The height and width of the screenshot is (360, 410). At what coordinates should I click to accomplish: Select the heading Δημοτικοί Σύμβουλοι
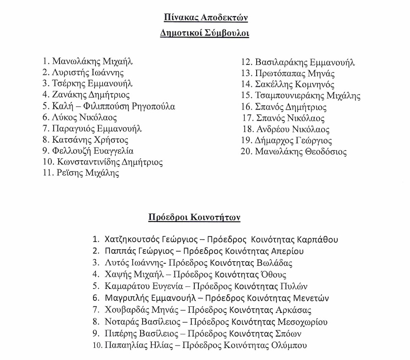205,33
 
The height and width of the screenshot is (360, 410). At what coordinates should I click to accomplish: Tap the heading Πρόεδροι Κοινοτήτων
194,217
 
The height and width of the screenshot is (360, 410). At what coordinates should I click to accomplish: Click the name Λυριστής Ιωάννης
88,73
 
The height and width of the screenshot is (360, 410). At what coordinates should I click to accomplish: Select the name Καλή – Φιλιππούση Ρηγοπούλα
114,106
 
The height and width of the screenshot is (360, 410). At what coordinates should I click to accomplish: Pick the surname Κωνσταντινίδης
86,162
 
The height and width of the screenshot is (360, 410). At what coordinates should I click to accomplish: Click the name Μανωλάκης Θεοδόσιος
300,152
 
